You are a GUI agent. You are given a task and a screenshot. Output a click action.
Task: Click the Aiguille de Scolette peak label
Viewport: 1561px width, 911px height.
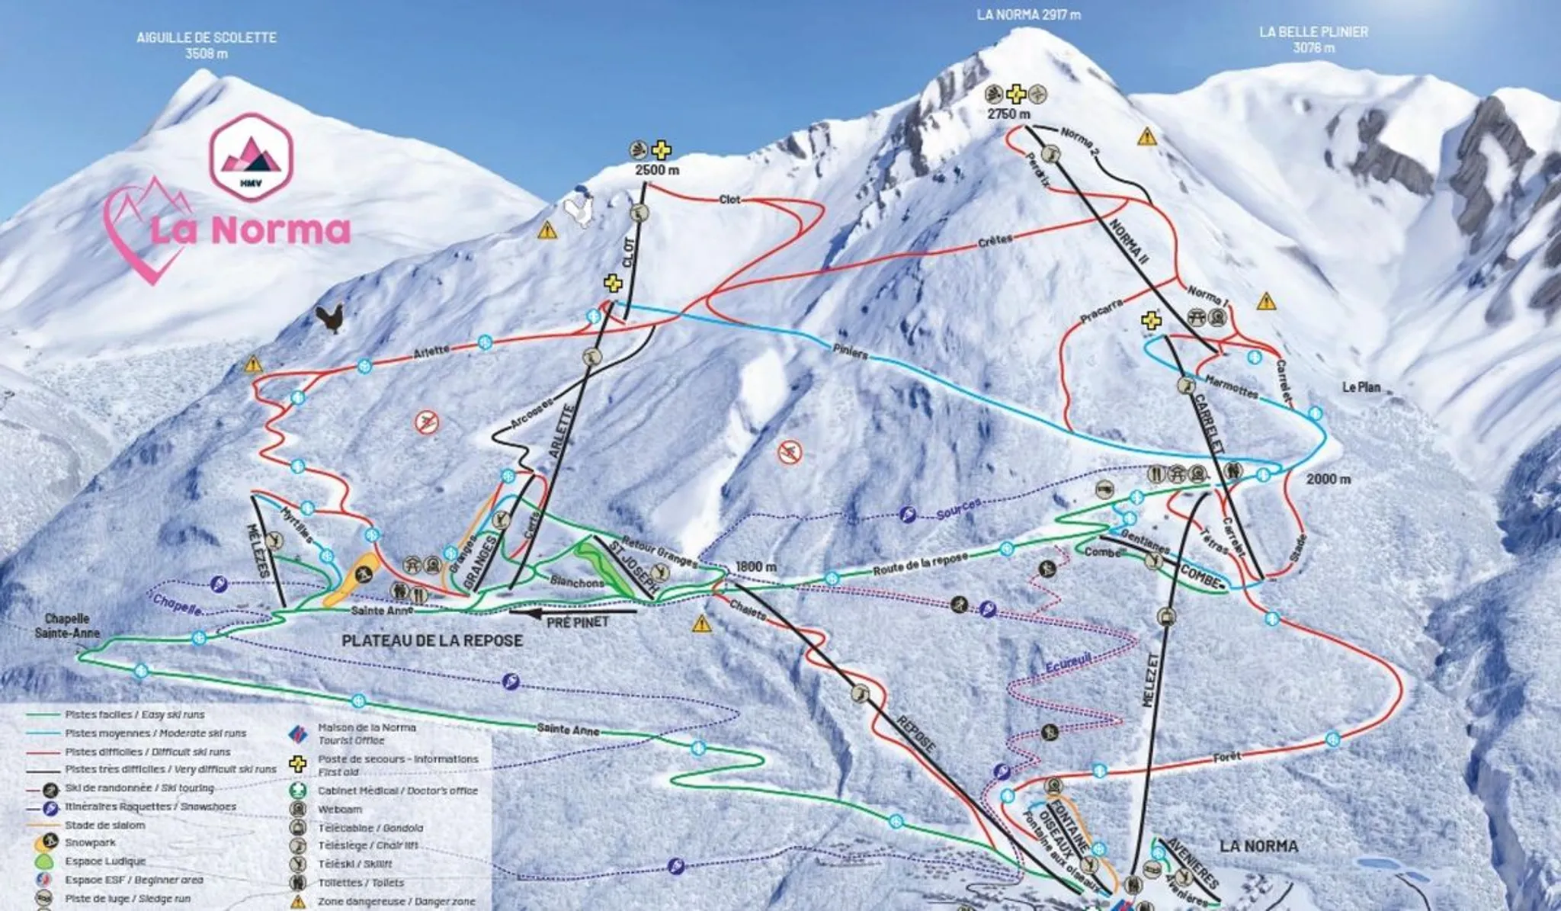207,45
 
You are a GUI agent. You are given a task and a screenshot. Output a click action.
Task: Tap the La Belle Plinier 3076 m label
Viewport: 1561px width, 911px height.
1313,40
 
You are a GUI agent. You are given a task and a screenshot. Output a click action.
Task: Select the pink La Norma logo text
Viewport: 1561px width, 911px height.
249,229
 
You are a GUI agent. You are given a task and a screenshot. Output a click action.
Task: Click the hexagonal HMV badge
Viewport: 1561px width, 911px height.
251,157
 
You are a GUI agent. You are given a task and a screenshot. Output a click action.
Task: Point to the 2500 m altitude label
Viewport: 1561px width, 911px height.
656,170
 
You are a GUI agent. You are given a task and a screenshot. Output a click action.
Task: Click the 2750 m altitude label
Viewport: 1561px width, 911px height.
1008,114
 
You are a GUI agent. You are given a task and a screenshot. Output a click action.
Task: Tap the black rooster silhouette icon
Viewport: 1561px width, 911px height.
331,318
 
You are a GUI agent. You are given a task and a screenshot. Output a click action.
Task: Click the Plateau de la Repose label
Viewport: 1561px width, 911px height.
432,641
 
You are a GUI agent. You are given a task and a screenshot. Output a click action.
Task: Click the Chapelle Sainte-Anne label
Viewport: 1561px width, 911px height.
67,626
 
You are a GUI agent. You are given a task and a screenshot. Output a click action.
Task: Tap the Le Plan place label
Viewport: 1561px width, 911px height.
1361,387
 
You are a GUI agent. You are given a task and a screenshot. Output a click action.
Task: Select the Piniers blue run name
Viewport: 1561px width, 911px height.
850,351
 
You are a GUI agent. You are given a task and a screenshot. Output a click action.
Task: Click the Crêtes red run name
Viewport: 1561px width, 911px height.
995,240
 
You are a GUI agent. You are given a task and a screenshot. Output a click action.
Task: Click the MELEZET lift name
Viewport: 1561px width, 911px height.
1151,678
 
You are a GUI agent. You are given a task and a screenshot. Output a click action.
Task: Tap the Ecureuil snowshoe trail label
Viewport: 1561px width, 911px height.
1068,663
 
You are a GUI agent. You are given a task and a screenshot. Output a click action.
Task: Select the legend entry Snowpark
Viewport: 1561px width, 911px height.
90,843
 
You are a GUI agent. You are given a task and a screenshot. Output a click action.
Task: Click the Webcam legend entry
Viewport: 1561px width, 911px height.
340,810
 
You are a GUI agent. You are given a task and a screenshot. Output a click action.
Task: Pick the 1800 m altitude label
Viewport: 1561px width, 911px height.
755,567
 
